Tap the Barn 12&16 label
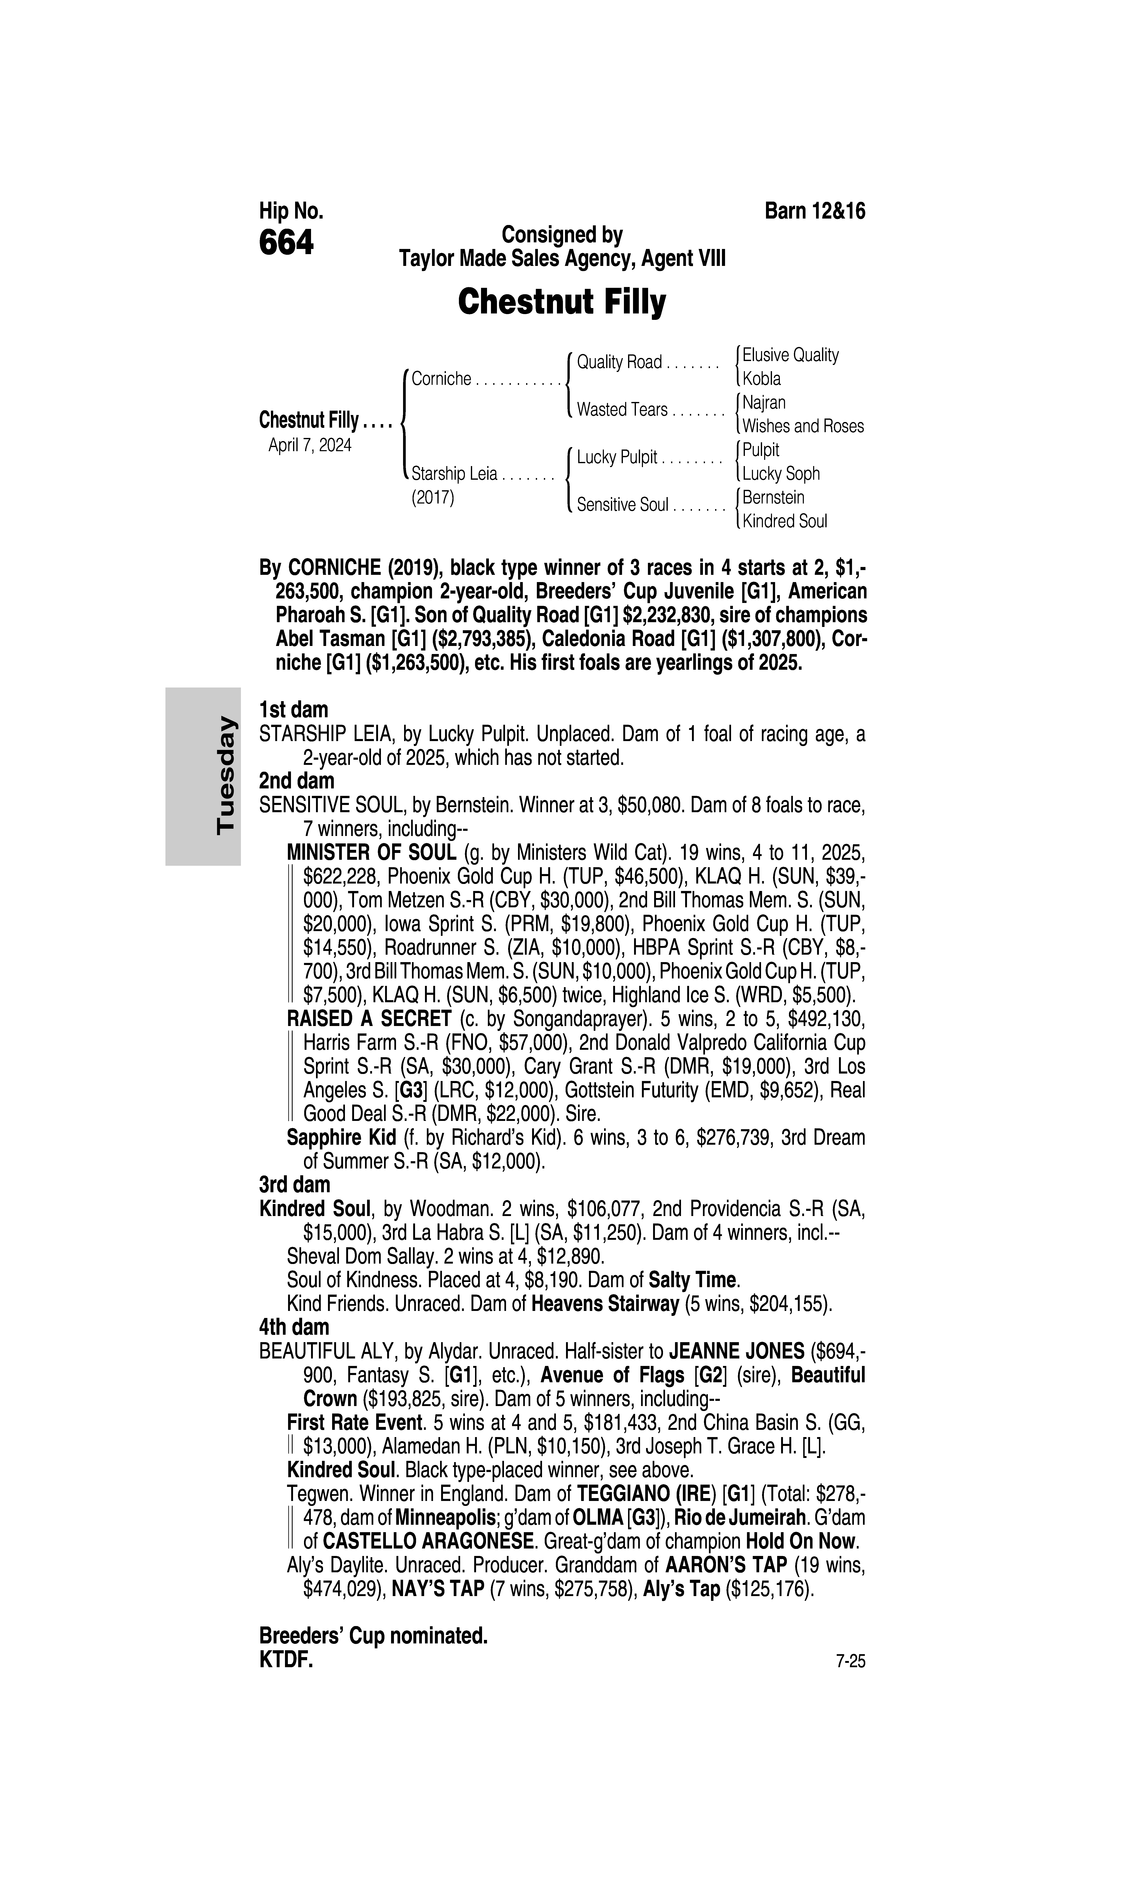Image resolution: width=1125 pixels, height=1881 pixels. pos(815,211)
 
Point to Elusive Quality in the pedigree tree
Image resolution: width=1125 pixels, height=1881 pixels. pos(791,355)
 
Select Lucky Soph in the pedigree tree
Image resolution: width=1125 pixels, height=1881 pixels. pos(781,474)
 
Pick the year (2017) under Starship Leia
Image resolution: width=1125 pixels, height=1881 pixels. pos(433,498)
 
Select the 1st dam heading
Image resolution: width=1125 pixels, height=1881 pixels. pos(293,710)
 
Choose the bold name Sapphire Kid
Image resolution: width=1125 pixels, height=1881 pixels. pos(341,1137)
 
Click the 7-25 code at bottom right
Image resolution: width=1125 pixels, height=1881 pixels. pos(850,1662)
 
